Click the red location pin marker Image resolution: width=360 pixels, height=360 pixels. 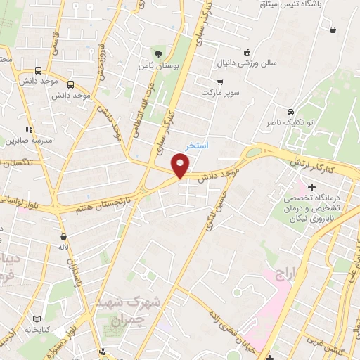(181, 166)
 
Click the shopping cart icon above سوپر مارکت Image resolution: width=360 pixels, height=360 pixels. (220, 81)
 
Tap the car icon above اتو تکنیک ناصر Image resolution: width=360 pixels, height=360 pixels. (290, 112)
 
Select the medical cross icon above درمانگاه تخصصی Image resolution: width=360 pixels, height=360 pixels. (311, 187)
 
